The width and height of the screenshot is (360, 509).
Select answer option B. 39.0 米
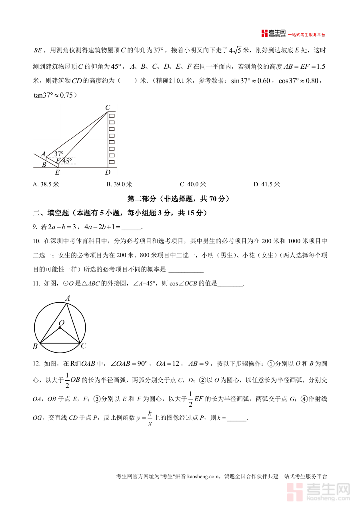(x=119, y=184)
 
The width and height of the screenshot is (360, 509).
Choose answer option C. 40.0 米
(x=193, y=184)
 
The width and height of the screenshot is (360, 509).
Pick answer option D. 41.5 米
(x=267, y=184)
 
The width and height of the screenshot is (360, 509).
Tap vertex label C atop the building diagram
(x=108, y=107)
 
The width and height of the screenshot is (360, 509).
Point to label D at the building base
(x=108, y=173)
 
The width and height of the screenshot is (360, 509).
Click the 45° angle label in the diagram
(x=67, y=161)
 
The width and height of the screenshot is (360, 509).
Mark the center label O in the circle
(x=62, y=323)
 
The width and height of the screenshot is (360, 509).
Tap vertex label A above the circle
(x=68, y=298)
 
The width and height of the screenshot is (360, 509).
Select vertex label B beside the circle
(x=35, y=346)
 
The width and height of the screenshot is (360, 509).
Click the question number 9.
(x=35, y=227)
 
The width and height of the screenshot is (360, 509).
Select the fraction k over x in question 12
(x=150, y=418)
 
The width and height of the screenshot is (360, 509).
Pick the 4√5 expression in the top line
(x=235, y=50)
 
